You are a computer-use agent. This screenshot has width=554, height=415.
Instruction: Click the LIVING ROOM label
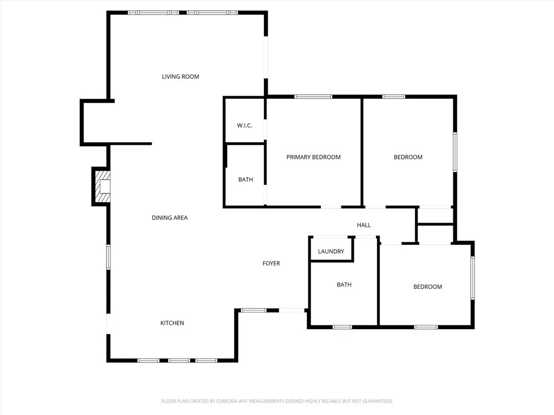(x=181, y=77)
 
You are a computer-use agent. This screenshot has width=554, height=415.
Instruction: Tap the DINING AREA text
(x=169, y=218)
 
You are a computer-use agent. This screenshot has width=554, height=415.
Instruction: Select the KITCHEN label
(x=172, y=323)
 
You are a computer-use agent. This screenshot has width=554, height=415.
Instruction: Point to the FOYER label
(x=271, y=264)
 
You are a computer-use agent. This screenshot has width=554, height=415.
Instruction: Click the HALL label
(x=364, y=225)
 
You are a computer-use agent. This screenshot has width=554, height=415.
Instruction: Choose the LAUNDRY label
(x=331, y=252)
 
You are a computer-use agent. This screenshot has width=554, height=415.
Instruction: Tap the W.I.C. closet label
(x=245, y=126)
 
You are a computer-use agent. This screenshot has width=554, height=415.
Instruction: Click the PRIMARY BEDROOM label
(x=313, y=157)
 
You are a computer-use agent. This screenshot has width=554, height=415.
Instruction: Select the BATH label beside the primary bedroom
(x=246, y=180)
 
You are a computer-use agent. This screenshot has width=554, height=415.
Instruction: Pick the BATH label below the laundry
(x=344, y=285)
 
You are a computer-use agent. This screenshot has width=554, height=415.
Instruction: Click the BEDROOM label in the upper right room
(x=408, y=157)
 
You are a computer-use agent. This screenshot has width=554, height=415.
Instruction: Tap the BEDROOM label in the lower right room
(x=427, y=287)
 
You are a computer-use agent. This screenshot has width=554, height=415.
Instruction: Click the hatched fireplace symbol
(x=102, y=186)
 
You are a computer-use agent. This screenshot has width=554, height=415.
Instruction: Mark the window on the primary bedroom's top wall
(x=313, y=97)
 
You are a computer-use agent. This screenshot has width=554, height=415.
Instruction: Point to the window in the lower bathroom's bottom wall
(x=341, y=327)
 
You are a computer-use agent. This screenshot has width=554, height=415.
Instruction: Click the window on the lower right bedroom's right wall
(x=472, y=278)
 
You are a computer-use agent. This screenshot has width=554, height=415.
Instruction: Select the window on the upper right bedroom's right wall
(x=455, y=152)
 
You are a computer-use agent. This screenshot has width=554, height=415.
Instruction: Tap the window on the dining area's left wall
(x=108, y=257)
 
